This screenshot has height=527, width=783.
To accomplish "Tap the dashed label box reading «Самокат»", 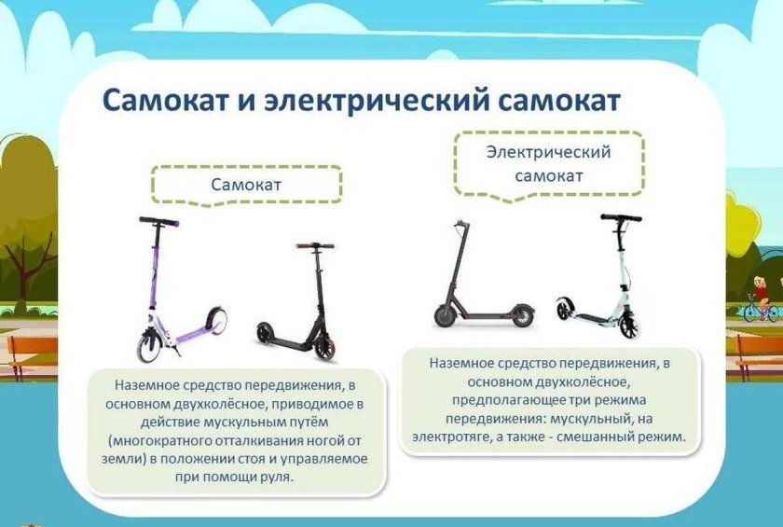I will pyautogui.click(x=246, y=185).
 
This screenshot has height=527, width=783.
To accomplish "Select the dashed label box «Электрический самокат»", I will pyautogui.click(x=549, y=163).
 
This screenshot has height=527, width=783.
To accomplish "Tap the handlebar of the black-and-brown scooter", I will pyautogui.click(x=316, y=246).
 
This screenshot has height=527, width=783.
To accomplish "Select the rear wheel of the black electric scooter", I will pyautogui.click(x=519, y=314).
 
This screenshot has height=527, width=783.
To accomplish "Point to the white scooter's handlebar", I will pyautogui.click(x=620, y=218).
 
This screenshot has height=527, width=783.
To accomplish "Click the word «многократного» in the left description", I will pyautogui.click(x=165, y=439).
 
